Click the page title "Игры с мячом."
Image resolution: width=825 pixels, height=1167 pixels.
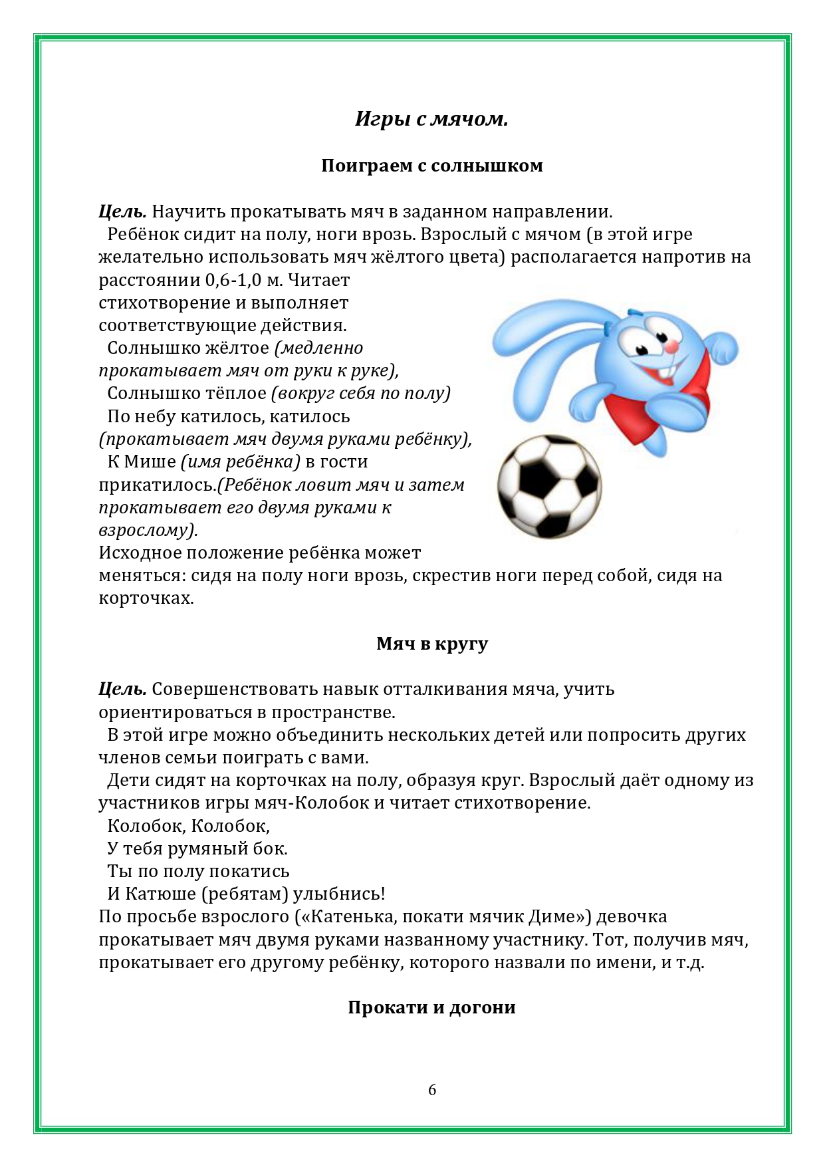click(431, 120)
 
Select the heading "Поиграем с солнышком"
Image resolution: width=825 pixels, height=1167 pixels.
click(431, 166)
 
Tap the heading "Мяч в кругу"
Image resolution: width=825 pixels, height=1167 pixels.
click(431, 644)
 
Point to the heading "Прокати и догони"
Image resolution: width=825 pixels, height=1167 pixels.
click(431, 1007)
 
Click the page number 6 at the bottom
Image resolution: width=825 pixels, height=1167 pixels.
click(432, 1090)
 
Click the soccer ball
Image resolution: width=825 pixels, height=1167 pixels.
click(549, 485)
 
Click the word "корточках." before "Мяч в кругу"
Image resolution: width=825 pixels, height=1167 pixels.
click(146, 598)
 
